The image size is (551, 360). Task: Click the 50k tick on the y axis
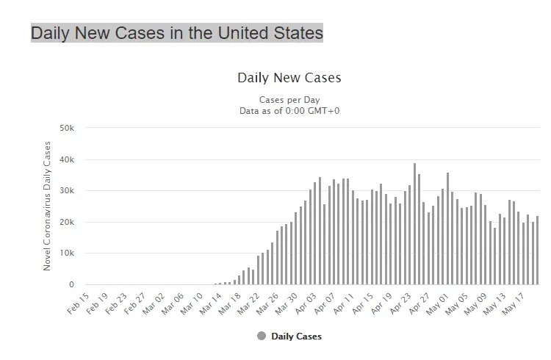pos(68,128)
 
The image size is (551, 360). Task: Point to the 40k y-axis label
pos(68,159)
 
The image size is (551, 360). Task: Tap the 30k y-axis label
pos(68,191)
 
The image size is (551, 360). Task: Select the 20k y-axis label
pos(68,222)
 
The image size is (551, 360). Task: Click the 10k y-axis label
pos(68,253)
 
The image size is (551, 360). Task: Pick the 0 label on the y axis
pos(71,285)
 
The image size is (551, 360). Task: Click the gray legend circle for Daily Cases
pos(262,336)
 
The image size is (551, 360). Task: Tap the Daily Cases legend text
pos(297,336)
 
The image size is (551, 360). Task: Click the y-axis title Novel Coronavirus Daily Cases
pos(48,206)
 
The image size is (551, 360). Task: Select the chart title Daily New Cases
pos(289,78)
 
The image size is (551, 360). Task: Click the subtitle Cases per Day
pos(289,100)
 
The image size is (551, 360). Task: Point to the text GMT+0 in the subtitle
pos(324,111)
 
